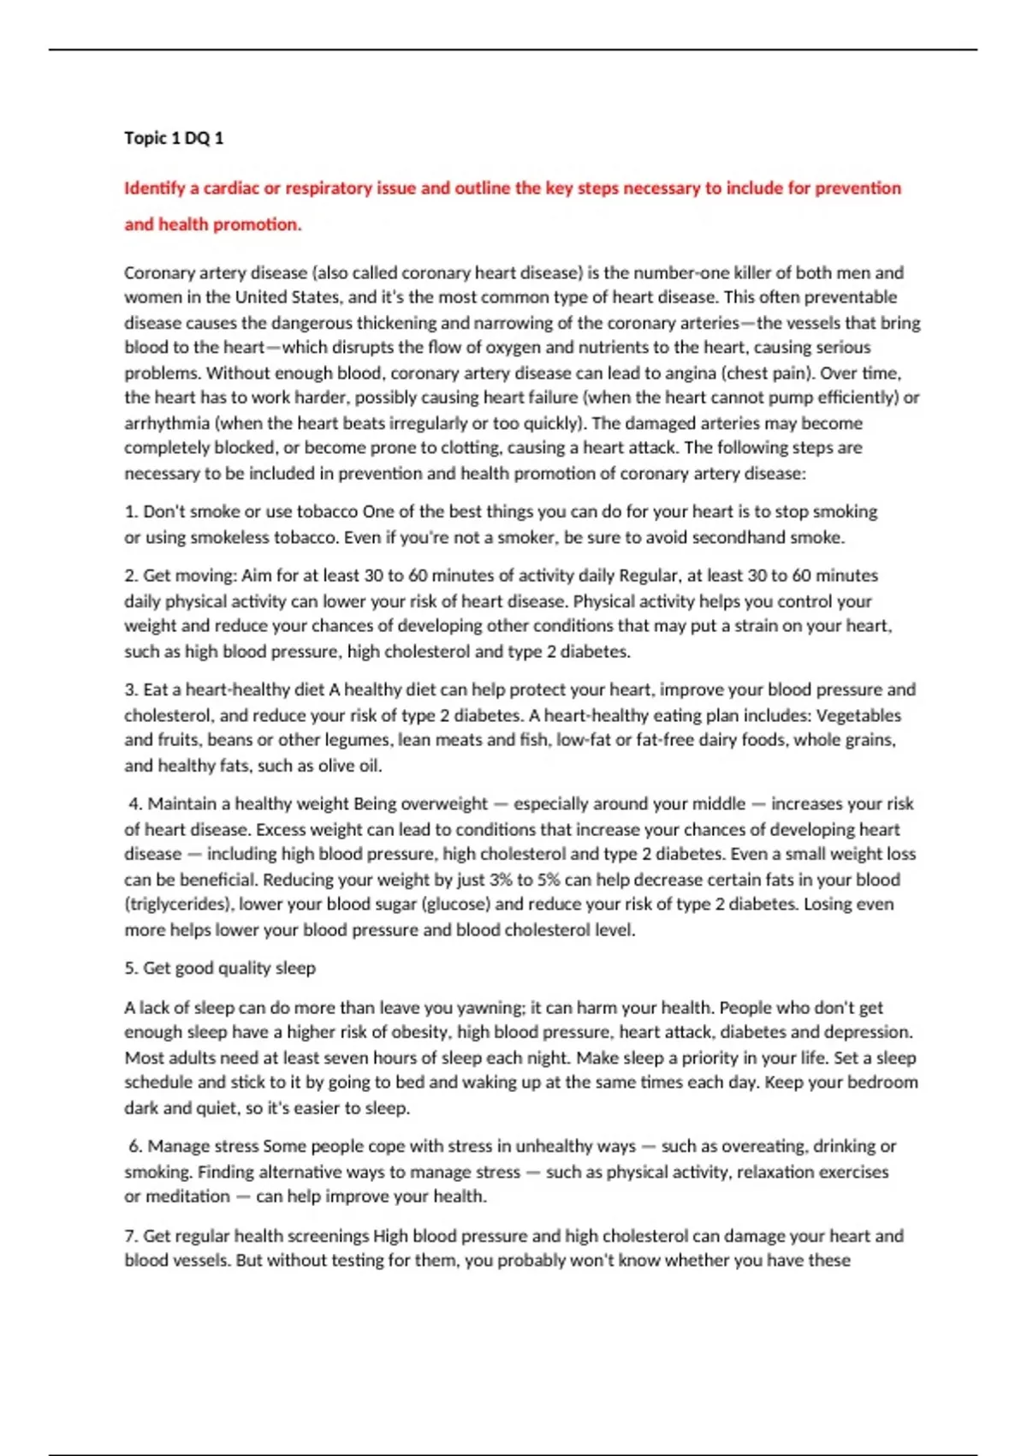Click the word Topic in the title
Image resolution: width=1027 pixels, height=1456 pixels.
click(x=145, y=138)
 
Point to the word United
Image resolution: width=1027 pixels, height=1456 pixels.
click(x=263, y=298)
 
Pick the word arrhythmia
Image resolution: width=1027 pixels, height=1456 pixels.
click(x=167, y=423)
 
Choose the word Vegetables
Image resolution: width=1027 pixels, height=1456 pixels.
click(x=858, y=715)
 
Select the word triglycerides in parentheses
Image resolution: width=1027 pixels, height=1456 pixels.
click(x=180, y=904)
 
